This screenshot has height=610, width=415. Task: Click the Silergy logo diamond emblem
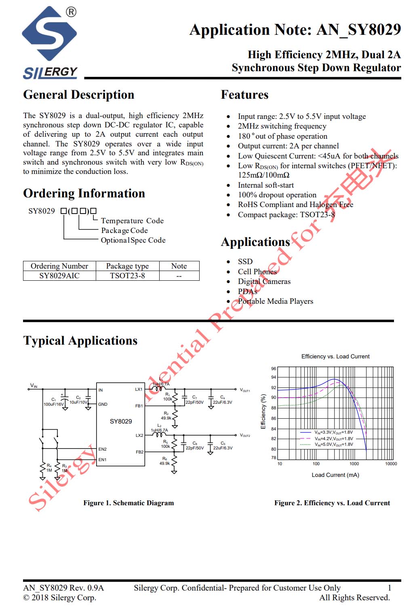49,33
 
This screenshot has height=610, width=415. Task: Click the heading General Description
78,95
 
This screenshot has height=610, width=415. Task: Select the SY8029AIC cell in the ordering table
59,276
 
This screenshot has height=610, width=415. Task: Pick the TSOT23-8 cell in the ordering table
127,276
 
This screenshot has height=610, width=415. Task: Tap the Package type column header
127,266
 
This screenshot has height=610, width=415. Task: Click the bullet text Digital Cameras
264,282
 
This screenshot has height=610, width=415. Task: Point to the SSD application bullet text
245,262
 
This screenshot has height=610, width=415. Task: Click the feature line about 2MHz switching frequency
282,126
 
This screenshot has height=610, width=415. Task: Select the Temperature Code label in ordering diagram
132,221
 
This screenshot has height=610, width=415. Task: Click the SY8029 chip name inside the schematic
121,421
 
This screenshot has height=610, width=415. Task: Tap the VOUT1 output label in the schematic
245,390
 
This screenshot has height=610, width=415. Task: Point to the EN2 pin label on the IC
102,449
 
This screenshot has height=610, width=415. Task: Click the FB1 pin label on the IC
139,406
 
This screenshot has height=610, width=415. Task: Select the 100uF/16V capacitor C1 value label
53,404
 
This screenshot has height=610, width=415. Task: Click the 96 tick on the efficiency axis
274,369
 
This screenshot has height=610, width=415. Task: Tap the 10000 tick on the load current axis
391,464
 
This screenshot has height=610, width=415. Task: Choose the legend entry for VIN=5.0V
333,444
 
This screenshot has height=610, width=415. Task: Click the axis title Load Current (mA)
335,475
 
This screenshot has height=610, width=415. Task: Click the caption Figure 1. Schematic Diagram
129,503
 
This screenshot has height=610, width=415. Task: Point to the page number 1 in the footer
390,588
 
